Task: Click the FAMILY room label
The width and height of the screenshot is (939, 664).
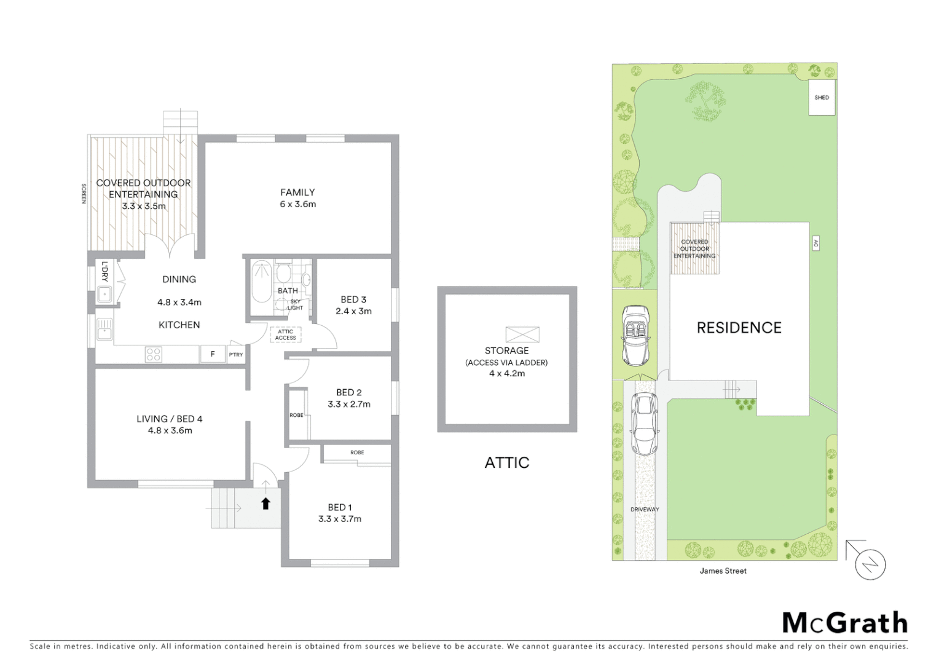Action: tap(297, 192)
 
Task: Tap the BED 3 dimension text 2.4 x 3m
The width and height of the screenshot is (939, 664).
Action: tap(353, 311)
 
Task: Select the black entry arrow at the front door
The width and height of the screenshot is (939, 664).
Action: tap(265, 504)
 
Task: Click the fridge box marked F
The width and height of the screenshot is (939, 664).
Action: tap(213, 354)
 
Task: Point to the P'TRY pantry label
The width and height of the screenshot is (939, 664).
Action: tap(236, 355)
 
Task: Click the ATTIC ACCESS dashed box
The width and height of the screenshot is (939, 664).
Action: tap(285, 335)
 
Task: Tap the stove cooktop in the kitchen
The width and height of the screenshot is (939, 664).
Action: tap(153, 354)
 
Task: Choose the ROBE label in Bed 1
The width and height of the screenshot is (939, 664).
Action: tap(357, 453)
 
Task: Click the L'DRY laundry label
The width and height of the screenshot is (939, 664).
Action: tap(104, 272)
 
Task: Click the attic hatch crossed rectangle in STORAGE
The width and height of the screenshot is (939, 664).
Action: tap(522, 334)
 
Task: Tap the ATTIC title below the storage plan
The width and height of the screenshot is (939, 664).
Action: tap(506, 462)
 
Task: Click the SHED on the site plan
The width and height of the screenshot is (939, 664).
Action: tap(822, 98)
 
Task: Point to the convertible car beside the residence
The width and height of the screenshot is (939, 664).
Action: tap(635, 335)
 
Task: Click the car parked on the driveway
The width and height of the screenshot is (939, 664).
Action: tap(644, 424)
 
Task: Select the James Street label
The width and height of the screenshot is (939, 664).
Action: tap(723, 571)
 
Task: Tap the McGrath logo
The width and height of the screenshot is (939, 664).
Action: tap(844, 623)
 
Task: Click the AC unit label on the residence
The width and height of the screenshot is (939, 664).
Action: tap(815, 243)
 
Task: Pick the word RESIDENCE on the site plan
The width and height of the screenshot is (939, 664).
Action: tap(739, 328)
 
